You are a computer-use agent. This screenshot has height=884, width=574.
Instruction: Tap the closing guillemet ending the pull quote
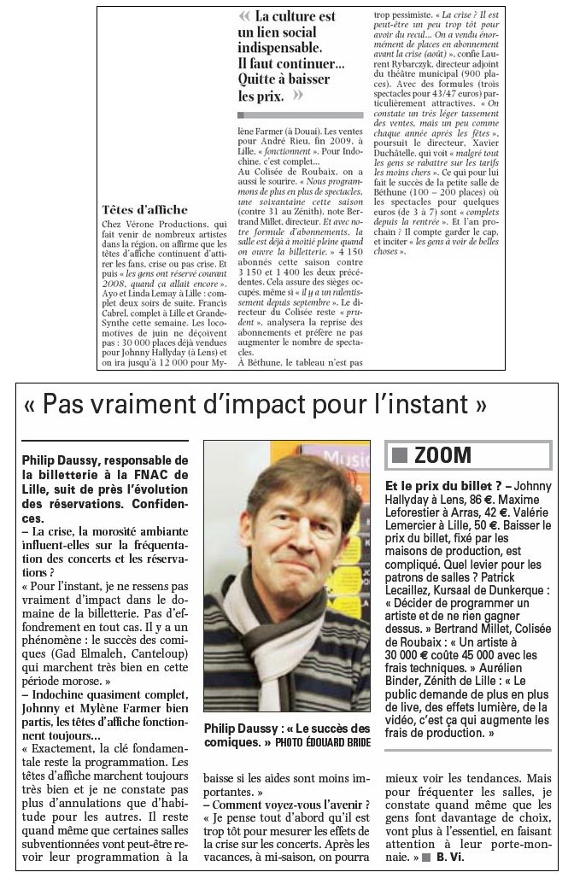[x=298, y=96]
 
